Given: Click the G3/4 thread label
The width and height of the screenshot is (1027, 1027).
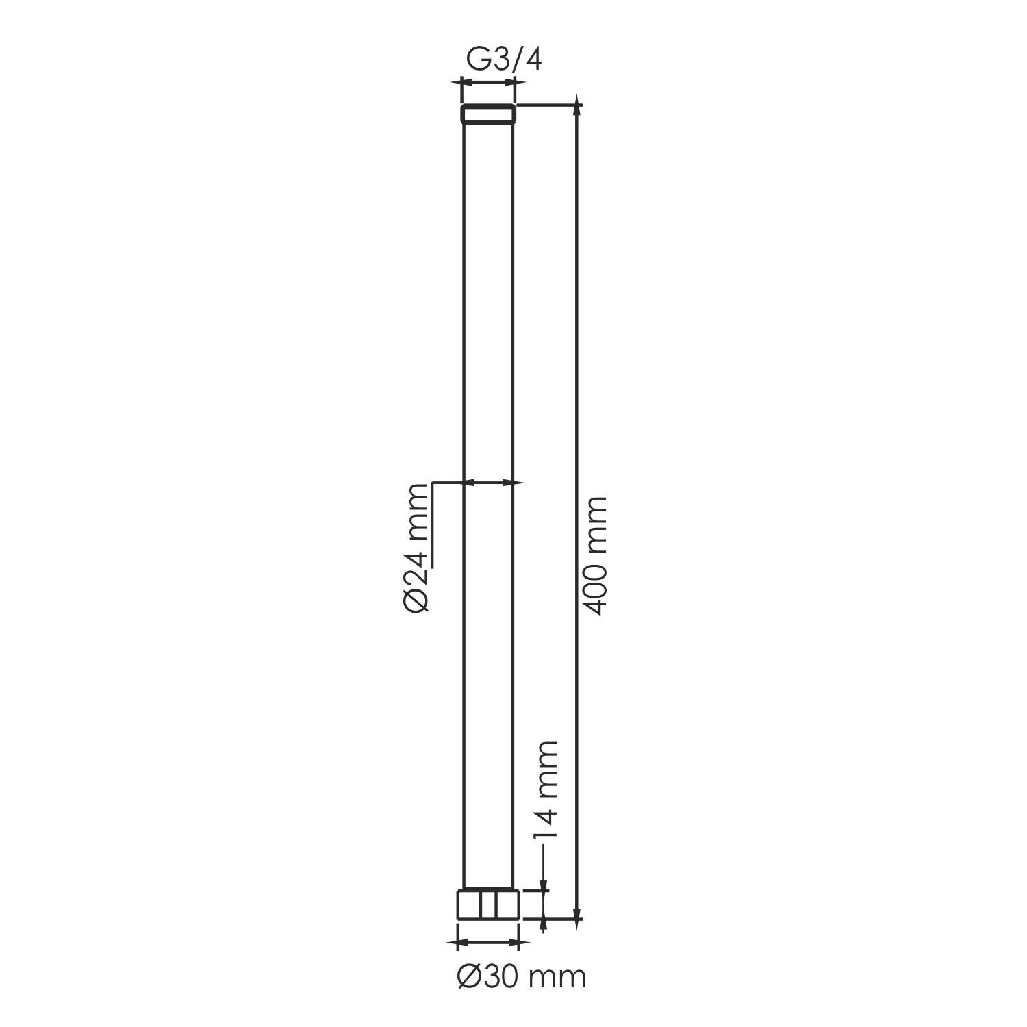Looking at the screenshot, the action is (504, 61).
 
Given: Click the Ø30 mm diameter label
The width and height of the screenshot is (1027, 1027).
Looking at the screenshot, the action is (522, 977).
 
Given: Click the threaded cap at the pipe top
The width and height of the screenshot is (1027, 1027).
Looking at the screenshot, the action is (487, 114).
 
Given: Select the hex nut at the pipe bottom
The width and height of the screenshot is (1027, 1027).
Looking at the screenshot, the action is (488, 904).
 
